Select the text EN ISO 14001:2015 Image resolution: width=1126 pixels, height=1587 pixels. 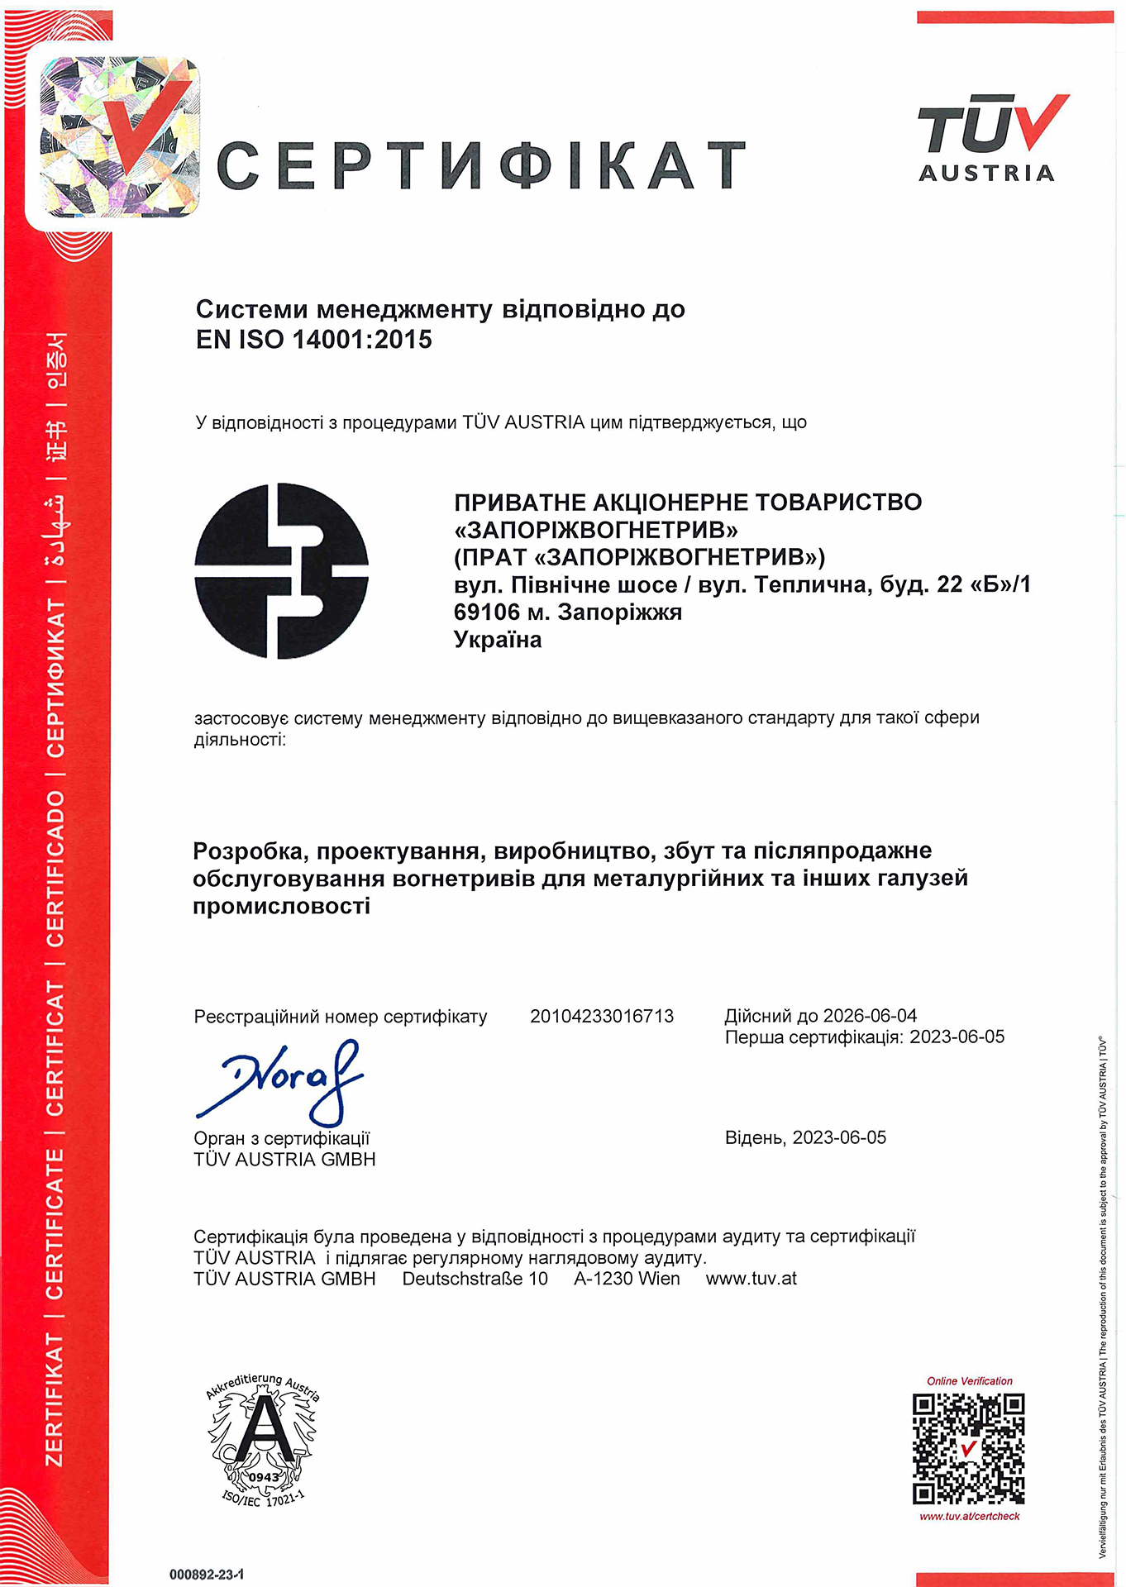(314, 340)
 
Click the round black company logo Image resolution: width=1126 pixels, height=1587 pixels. (281, 571)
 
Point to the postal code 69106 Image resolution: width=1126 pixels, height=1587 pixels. (486, 612)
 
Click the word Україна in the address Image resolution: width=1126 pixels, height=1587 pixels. (498, 640)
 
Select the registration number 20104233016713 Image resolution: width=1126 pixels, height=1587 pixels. (602, 1016)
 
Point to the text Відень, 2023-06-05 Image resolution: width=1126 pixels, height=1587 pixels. (805, 1137)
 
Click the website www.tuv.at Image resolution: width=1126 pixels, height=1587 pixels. (751, 1279)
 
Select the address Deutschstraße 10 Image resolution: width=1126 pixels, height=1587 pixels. (475, 1279)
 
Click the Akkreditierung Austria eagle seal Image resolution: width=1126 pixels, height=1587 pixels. (262, 1438)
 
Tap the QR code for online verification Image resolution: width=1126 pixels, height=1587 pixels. (969, 1449)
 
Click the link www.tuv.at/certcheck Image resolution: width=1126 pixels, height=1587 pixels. (970, 1517)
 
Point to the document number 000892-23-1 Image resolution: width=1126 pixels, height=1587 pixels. (207, 1575)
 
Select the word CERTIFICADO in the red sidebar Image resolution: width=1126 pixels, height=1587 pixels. (55, 868)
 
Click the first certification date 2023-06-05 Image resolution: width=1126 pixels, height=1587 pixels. (957, 1037)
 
